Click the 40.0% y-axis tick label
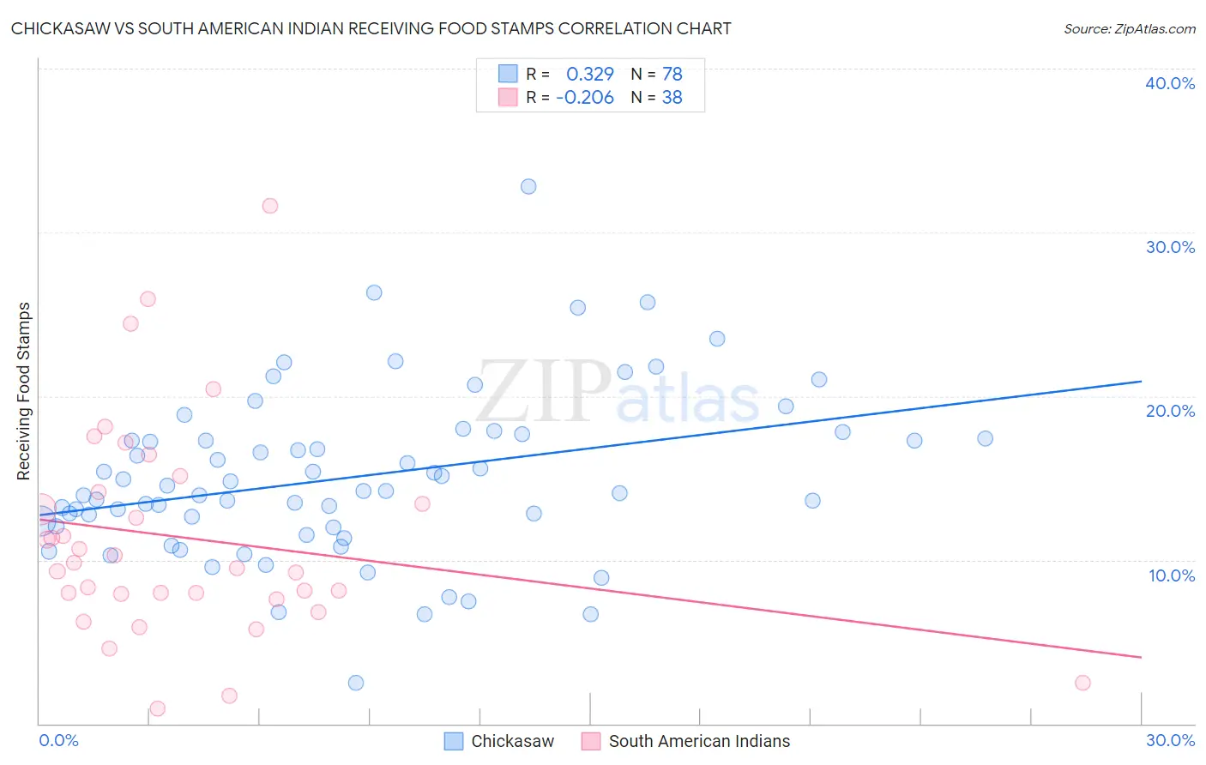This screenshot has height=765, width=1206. point(1169,83)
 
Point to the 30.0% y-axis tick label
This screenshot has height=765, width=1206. point(1169,247)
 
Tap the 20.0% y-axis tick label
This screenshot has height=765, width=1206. point(1169,411)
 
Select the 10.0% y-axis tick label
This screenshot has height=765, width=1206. point(1171,575)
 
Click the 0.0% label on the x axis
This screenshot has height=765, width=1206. point(58,740)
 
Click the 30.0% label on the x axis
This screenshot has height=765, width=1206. point(1170,740)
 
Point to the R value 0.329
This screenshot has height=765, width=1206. point(590,74)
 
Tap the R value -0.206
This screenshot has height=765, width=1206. point(585,98)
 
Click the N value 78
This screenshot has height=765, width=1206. point(672,74)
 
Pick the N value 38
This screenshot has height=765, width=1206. point(672,98)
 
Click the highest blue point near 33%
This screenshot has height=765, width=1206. point(528,187)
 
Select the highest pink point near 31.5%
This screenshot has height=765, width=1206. point(269,206)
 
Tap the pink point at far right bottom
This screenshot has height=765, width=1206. point(1082,683)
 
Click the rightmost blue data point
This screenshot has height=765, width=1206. point(985,438)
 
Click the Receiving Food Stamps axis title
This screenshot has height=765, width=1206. point(23,391)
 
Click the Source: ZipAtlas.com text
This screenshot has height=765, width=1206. point(1129,29)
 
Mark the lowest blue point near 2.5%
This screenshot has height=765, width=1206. point(356,683)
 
